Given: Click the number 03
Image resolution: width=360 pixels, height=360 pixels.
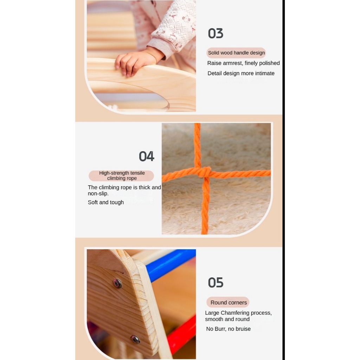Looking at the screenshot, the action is pos(216,33).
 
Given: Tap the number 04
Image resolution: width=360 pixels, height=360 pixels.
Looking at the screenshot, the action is pos(147,156).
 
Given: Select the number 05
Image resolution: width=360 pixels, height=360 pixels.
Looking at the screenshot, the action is pos(216,282).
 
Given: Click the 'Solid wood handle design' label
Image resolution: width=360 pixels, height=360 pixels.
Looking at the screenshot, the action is pos(236,53).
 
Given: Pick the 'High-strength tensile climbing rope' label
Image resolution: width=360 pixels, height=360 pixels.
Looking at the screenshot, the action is pos(121,176).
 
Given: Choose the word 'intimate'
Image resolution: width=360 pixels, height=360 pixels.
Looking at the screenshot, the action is pos(264,73).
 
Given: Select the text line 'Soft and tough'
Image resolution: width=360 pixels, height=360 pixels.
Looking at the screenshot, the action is pos(105,202).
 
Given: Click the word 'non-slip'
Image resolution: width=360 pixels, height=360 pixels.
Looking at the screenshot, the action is pos(98,194).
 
